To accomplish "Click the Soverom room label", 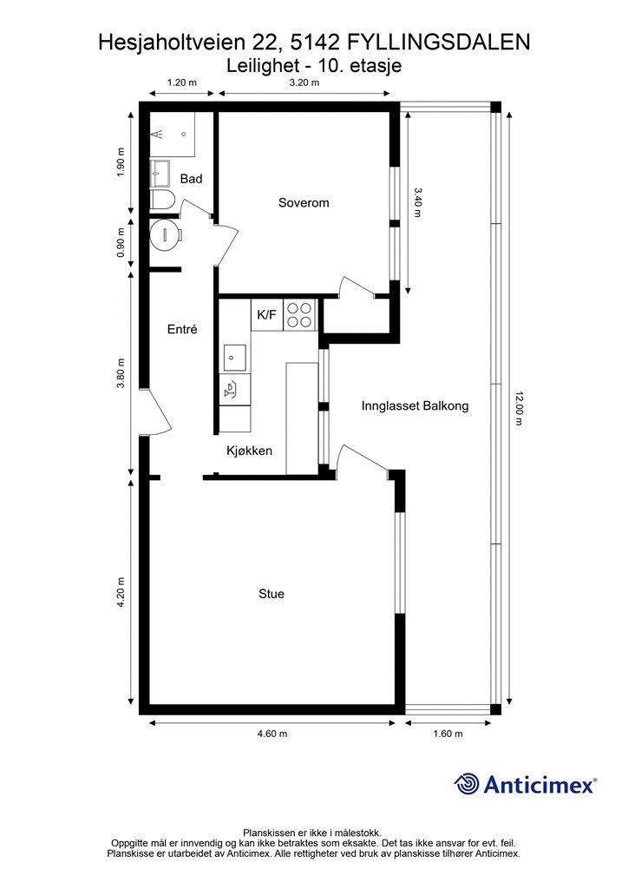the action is point(304,202).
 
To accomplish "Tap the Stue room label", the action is point(271,594).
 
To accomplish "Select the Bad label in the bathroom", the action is point(191,179).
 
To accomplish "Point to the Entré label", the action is point(182,329).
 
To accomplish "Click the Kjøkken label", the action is point(249,451).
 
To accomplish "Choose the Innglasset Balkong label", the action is point(415,406).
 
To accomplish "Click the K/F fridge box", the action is point(266,315).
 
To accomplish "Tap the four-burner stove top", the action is point(299,315).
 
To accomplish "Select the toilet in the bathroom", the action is point(163,201).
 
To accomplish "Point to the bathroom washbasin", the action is point(160,173).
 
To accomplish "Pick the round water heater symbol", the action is point(166,234).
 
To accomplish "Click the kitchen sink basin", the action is point(235,358).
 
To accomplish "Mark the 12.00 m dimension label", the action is point(519,408).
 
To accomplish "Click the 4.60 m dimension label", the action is point(271,734).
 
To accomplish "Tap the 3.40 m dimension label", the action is point(417,202).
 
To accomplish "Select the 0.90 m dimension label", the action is point(120,243).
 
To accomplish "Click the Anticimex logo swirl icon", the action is point(468,784).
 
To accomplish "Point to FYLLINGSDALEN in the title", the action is point(439,43).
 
